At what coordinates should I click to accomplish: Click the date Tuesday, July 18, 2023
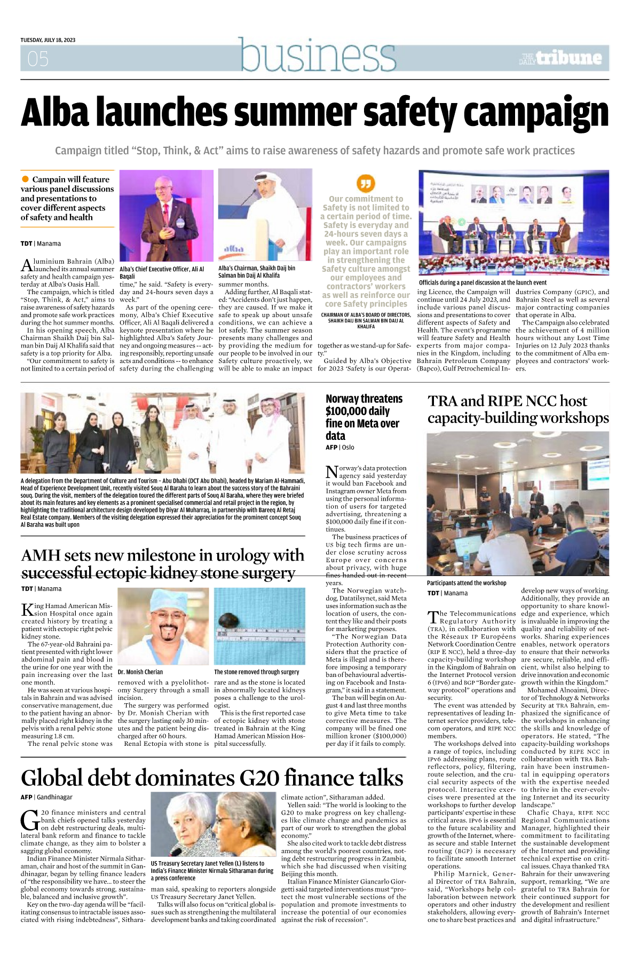tap(48, 40)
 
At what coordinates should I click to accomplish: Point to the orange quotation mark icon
tap(366, 184)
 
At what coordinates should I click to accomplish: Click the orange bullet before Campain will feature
tap(25, 179)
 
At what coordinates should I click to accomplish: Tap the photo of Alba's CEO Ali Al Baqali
tap(166, 215)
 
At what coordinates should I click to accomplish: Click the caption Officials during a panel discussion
tap(483, 282)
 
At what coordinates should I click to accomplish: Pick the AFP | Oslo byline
tap(339, 447)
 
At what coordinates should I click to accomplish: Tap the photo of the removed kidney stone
tap(259, 626)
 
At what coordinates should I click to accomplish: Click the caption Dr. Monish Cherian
tap(140, 672)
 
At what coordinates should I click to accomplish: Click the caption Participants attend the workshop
tap(467, 583)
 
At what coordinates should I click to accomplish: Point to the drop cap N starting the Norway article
tap(331, 472)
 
